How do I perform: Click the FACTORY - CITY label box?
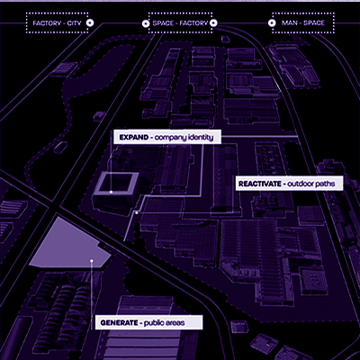pos(57,22)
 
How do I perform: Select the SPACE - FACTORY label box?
pos(180,22)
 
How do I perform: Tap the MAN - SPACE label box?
pos(303,22)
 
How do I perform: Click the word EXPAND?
pos(134,138)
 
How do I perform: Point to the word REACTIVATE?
pos(260,184)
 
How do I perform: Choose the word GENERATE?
pos(119,323)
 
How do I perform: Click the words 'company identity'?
pos(184,138)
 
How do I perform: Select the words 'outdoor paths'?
pos(310,184)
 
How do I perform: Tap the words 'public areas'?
pos(164,323)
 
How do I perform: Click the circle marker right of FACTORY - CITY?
pos(90,22)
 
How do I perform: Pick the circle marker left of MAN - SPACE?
pos(272,22)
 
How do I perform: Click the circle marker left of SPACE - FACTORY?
pos(146,23)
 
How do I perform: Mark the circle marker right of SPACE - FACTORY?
pos(213,22)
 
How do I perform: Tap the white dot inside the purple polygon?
pos(92,261)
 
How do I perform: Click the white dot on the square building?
pos(111,192)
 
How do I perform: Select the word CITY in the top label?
pos(75,23)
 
